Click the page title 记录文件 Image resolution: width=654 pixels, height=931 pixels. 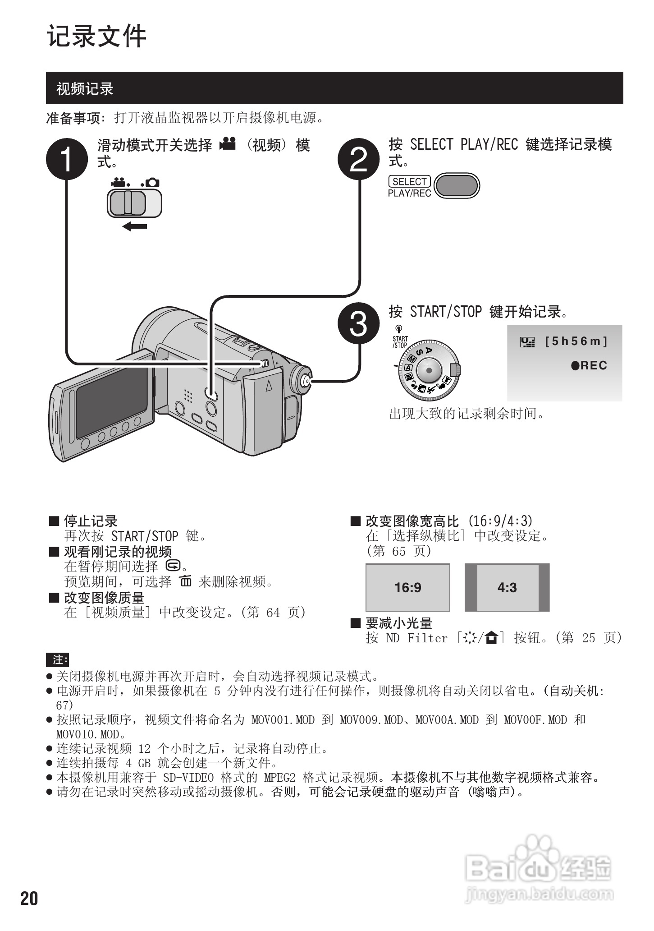97,36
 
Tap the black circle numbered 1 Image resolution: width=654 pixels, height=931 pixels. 67,159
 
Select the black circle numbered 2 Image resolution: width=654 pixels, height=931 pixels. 359,159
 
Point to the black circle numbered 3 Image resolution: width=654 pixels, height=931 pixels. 359,324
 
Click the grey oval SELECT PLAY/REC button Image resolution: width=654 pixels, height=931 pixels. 457,186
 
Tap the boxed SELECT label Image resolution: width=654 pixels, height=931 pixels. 409,181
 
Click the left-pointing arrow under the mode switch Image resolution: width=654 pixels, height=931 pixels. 135,226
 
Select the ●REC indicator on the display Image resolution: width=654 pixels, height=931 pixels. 589,365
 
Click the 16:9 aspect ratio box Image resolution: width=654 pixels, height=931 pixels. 407,587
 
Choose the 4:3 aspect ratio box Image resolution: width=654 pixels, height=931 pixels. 507,587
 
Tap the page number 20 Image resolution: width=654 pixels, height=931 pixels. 29,899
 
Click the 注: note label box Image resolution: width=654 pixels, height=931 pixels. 57,660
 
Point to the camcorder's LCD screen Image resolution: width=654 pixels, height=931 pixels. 111,401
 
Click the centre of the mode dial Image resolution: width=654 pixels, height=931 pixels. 429,370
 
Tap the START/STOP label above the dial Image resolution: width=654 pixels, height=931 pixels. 400,342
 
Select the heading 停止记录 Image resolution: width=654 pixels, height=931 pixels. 91,521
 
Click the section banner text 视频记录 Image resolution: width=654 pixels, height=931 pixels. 85,89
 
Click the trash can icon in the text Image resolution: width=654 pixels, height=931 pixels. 185,581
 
